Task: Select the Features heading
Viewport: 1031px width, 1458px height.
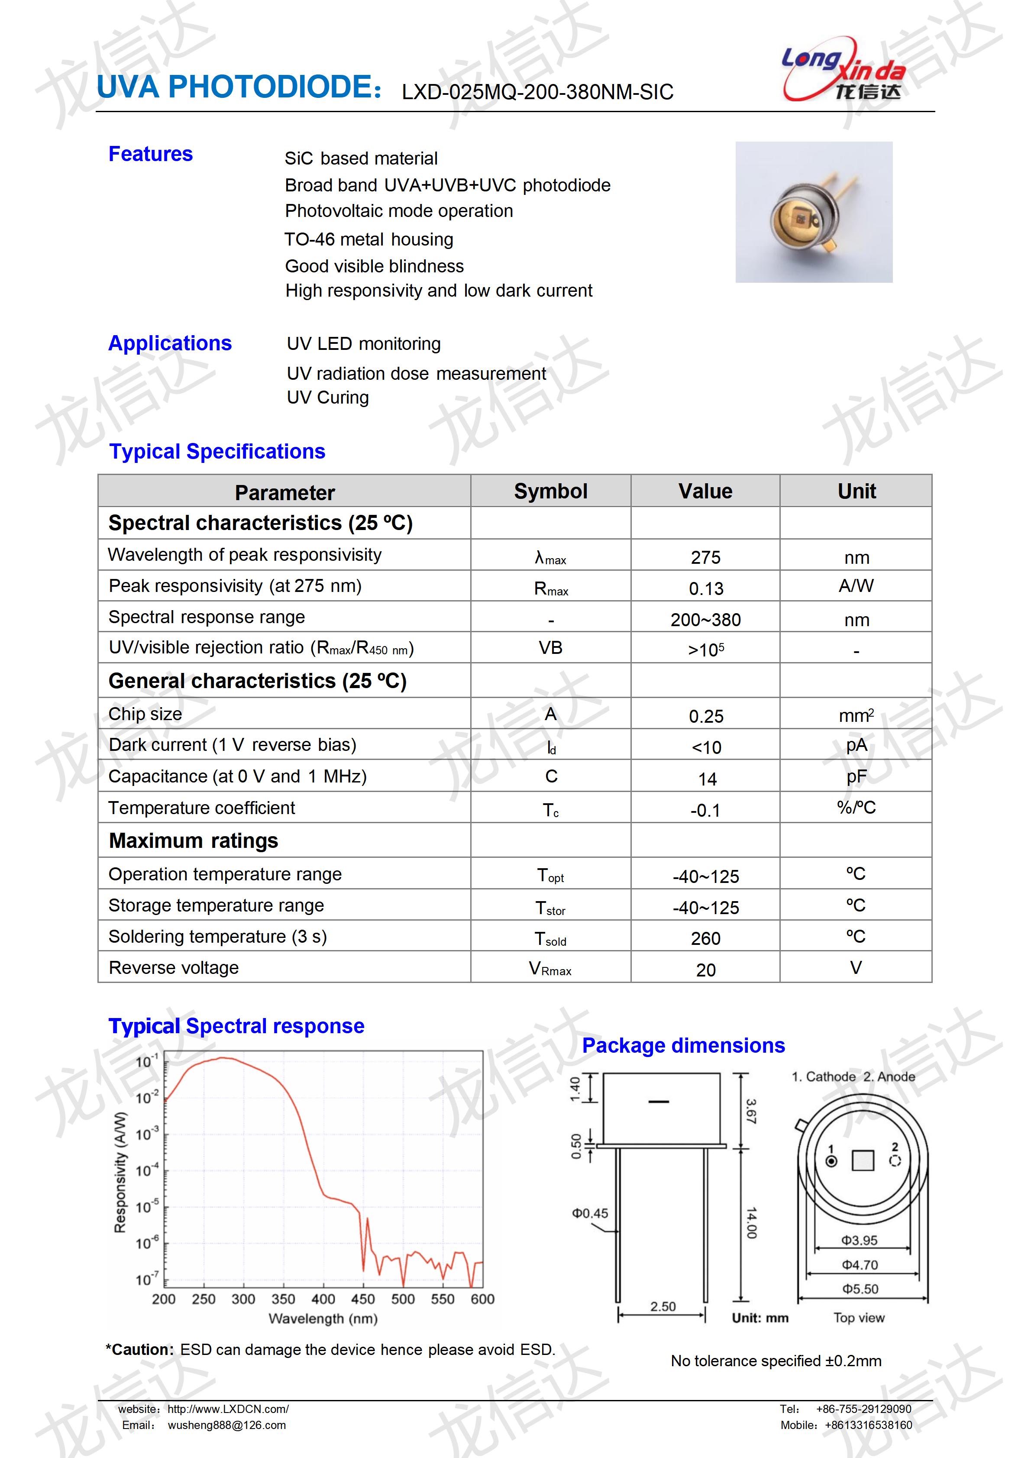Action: pos(150,154)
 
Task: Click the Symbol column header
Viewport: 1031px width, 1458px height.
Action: pos(550,491)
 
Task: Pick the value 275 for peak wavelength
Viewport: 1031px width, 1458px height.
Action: pos(705,558)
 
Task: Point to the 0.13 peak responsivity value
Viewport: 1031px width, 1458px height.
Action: pos(705,588)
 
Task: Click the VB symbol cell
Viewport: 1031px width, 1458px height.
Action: pos(550,648)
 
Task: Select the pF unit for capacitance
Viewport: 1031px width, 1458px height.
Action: pos(856,776)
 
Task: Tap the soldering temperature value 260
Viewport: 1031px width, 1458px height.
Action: pos(705,938)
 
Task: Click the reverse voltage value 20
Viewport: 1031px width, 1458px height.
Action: pos(705,970)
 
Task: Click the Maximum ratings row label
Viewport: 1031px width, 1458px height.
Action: pos(193,841)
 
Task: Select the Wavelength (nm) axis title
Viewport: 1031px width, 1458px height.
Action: pos(323,1319)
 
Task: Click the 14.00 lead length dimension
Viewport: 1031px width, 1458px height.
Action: pos(751,1222)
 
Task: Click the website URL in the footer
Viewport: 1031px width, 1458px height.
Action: pos(228,1409)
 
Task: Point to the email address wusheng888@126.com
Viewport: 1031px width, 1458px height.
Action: pos(226,1426)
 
